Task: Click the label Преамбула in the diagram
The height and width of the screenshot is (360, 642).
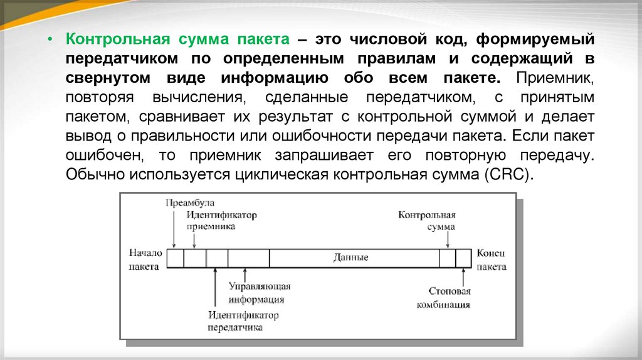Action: tap(189, 203)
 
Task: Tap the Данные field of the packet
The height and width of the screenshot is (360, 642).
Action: tap(351, 258)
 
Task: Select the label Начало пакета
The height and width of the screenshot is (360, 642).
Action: tap(146, 258)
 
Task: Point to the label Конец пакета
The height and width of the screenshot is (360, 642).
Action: tap(491, 258)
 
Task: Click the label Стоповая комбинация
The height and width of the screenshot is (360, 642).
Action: tap(450, 298)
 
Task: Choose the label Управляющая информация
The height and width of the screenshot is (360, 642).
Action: tap(260, 293)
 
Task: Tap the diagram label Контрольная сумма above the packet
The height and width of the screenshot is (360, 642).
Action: tap(427, 220)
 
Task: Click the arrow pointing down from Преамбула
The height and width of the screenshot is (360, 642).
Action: tap(174, 230)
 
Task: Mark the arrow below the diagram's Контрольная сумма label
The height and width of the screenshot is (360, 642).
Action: tap(447, 240)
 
